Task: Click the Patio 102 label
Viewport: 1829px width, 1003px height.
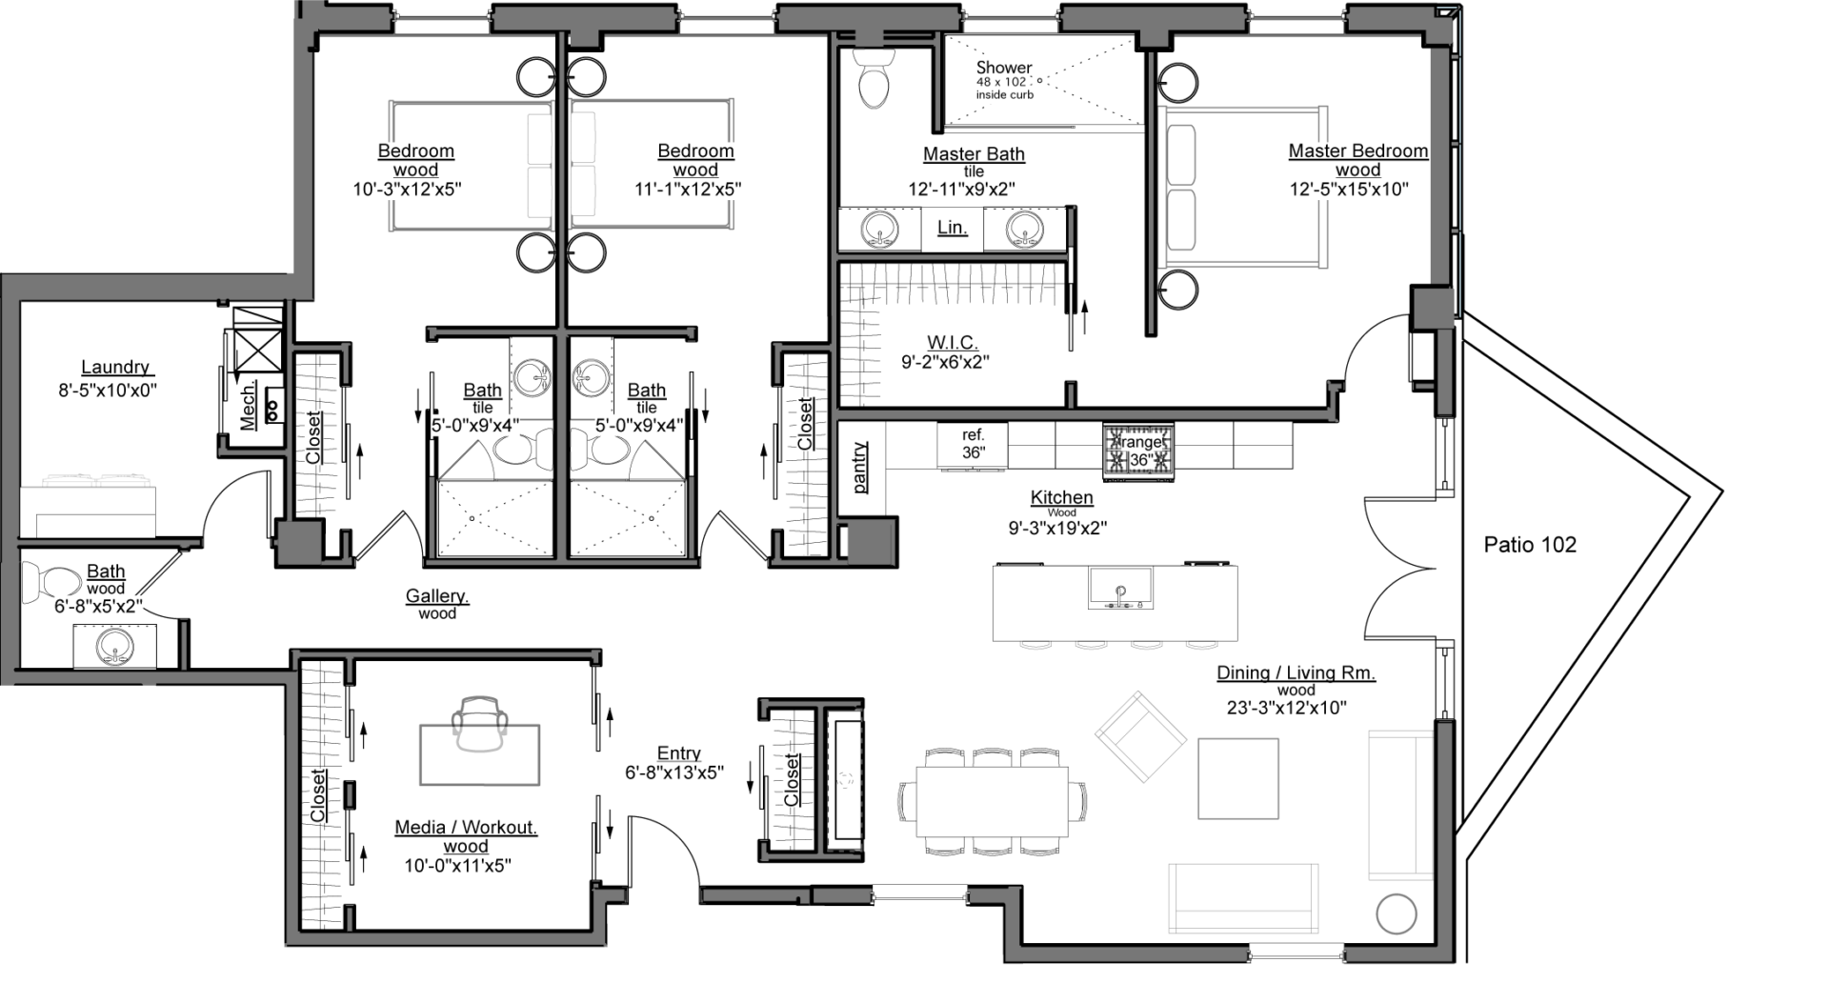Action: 1530,545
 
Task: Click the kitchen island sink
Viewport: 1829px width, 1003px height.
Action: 1121,589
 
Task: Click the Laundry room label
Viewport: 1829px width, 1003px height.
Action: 115,367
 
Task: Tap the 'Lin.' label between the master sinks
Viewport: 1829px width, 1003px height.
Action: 952,228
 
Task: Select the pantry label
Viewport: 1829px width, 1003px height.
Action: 860,468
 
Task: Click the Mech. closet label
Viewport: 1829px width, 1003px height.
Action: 247,407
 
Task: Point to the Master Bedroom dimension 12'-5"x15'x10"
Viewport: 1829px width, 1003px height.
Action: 1349,190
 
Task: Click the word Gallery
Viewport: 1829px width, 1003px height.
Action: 437,596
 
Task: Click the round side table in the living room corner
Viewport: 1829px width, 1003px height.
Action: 1397,913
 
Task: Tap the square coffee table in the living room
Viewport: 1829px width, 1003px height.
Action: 1237,778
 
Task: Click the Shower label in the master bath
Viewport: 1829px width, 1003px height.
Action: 1004,68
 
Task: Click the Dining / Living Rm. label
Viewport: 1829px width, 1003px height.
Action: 1296,672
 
